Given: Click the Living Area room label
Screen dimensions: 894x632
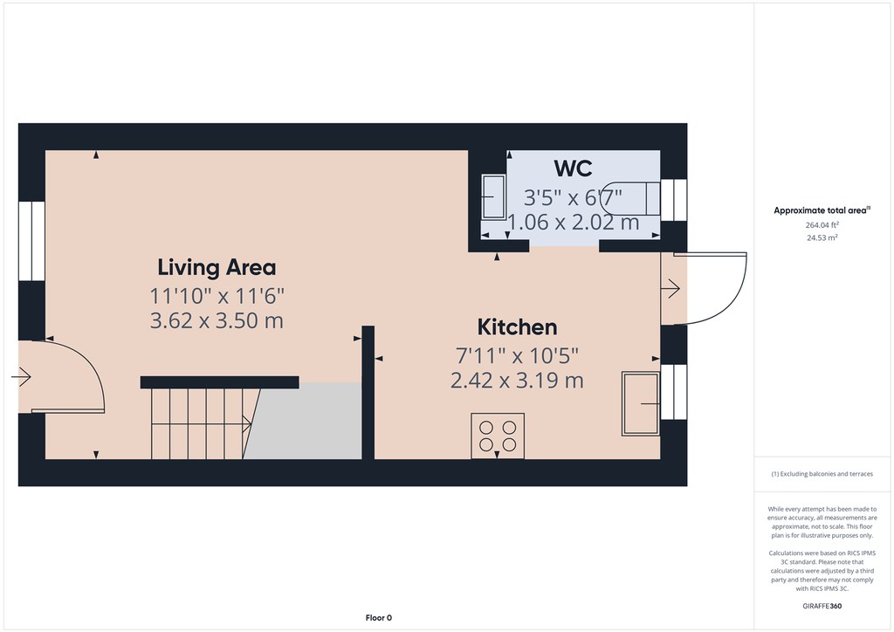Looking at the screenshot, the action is tap(217, 267).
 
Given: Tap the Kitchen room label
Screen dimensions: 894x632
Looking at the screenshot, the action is tap(517, 327).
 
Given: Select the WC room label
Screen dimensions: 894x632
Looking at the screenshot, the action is tap(573, 168).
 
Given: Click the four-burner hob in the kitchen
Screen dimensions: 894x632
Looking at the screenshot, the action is tap(497, 436).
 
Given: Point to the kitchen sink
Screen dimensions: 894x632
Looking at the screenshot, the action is tap(641, 403).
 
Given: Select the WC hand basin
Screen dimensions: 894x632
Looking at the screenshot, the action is tap(493, 197).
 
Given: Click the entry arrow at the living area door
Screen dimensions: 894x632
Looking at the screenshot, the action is tap(21, 377).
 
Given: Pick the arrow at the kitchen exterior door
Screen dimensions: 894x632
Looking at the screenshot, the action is tap(670, 288).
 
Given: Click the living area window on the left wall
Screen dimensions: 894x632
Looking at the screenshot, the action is tap(31, 241).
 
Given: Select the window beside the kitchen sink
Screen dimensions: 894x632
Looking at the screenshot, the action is tap(673, 392).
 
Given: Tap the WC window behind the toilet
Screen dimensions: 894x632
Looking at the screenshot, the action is tap(673, 200).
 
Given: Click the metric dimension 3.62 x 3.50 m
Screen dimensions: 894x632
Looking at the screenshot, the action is tap(217, 320).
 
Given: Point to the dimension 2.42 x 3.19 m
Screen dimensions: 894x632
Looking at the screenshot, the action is tap(517, 380).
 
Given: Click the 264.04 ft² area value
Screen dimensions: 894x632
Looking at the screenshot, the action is tap(822, 225).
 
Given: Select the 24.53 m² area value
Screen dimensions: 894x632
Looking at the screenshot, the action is tap(822, 237).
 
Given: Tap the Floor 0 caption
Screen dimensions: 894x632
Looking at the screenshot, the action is tap(379, 618).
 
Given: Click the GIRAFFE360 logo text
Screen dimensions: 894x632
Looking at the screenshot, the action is tap(822, 606).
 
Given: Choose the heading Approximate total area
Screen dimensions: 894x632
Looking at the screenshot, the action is tap(822, 210).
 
